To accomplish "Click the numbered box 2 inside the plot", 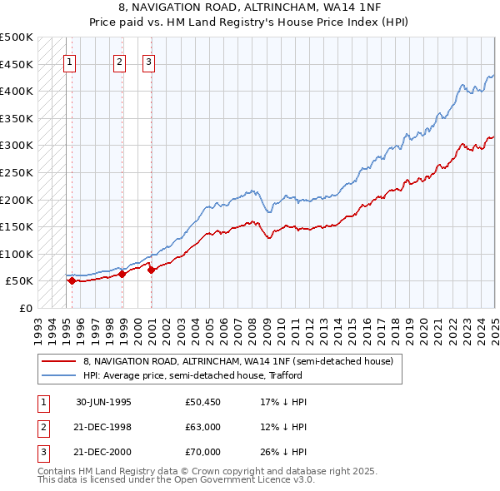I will (x=119, y=61).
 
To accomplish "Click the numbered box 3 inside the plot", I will (x=147, y=61).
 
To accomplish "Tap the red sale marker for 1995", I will (x=72, y=280).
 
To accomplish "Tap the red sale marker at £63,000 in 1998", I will (x=122, y=274).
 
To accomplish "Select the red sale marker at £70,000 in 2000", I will (x=151, y=270).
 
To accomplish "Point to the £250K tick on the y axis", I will (x=17, y=172).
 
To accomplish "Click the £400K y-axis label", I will (x=17, y=91).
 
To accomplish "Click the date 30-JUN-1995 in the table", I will (x=103, y=402).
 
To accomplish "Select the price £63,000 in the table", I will (x=202, y=427).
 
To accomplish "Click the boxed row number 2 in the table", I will (x=41, y=427).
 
